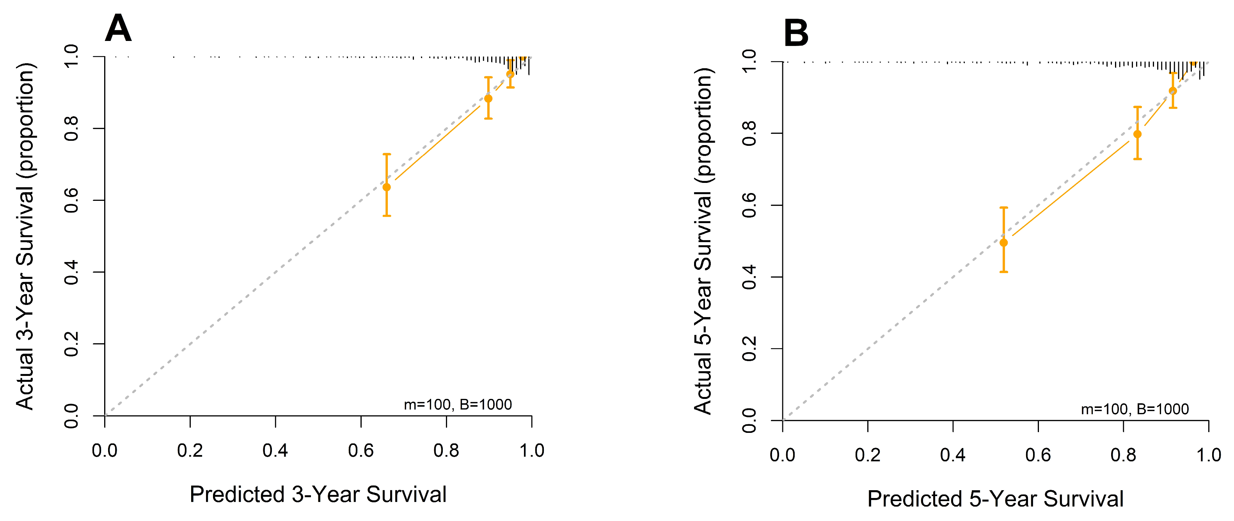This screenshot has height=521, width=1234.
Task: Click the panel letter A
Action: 118,29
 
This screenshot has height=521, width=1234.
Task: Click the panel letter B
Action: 795,34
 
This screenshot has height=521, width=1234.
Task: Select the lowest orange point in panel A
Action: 387,187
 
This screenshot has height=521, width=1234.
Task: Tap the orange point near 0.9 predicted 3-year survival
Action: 488,99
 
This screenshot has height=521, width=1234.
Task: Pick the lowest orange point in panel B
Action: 1003,243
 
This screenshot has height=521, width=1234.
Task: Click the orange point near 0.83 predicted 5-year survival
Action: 1137,134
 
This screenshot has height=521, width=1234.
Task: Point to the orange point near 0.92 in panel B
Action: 1173,91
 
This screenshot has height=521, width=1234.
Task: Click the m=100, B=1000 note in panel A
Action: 458,405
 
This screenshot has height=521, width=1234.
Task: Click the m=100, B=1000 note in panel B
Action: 1135,409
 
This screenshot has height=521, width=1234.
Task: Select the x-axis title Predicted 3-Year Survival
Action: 318,494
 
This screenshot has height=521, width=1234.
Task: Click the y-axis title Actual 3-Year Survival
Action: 25,236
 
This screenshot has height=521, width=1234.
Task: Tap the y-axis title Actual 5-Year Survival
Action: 703,241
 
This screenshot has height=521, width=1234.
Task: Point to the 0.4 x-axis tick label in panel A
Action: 275,450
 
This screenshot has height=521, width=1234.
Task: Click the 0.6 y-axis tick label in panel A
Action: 71,200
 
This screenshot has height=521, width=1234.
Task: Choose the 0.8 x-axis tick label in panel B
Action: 1123,455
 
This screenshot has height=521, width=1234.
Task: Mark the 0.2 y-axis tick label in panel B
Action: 749,349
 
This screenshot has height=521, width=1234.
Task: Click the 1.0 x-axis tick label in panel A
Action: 532,450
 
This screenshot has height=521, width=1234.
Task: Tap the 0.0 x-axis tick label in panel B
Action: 782,455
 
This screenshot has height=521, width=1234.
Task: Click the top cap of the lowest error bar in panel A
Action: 387,154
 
